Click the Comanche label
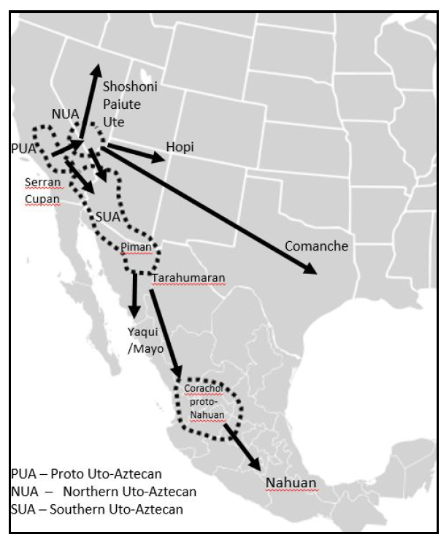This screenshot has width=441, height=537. click(x=316, y=245)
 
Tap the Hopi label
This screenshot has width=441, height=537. click(x=180, y=147)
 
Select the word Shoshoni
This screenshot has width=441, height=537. click(x=130, y=87)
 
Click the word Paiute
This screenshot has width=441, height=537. click(x=122, y=104)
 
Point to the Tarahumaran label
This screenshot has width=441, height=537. click(x=188, y=278)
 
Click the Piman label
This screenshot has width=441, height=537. click(x=137, y=247)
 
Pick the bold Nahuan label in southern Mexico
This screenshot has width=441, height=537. click(x=291, y=482)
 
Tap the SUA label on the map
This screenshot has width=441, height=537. click(x=107, y=216)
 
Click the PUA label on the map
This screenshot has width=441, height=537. click(x=24, y=148)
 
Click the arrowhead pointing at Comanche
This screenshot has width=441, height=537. click(x=312, y=270)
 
